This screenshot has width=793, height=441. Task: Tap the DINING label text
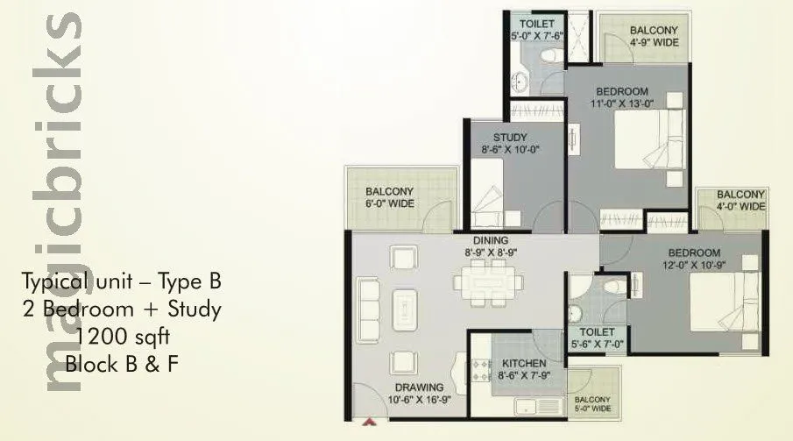(491, 239)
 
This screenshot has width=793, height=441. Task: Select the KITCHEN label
(525, 363)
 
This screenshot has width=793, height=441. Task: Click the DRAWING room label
(419, 387)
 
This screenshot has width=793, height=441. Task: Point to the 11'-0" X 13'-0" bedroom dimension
(623, 103)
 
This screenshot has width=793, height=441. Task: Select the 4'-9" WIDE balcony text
(654, 42)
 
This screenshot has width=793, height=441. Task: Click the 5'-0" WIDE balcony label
(594, 407)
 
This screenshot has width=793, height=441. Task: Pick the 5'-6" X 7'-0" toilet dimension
(597, 345)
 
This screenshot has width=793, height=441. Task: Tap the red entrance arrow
(369, 423)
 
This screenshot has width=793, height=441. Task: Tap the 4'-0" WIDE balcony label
(740, 206)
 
